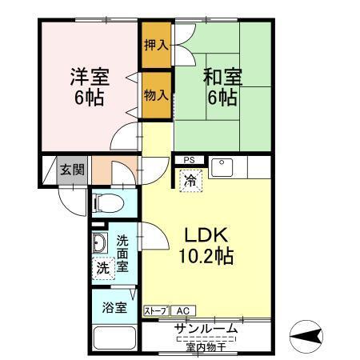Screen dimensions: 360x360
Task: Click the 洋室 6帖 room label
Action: coord(89,87)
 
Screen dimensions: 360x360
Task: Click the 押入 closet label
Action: coord(156,44)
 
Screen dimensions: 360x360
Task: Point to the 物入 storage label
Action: coord(156,95)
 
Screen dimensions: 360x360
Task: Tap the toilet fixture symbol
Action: coord(110,203)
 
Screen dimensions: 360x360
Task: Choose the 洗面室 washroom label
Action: coord(123,254)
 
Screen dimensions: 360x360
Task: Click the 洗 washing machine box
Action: coord(103,268)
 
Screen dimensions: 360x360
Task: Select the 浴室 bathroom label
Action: coord(113,306)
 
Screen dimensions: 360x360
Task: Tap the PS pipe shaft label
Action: coord(189,160)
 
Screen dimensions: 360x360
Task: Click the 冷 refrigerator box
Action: coord(190,182)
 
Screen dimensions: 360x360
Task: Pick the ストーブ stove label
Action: coord(156,310)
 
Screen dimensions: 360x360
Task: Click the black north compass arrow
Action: coord(309,334)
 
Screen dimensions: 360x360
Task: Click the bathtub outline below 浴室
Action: coord(113,338)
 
